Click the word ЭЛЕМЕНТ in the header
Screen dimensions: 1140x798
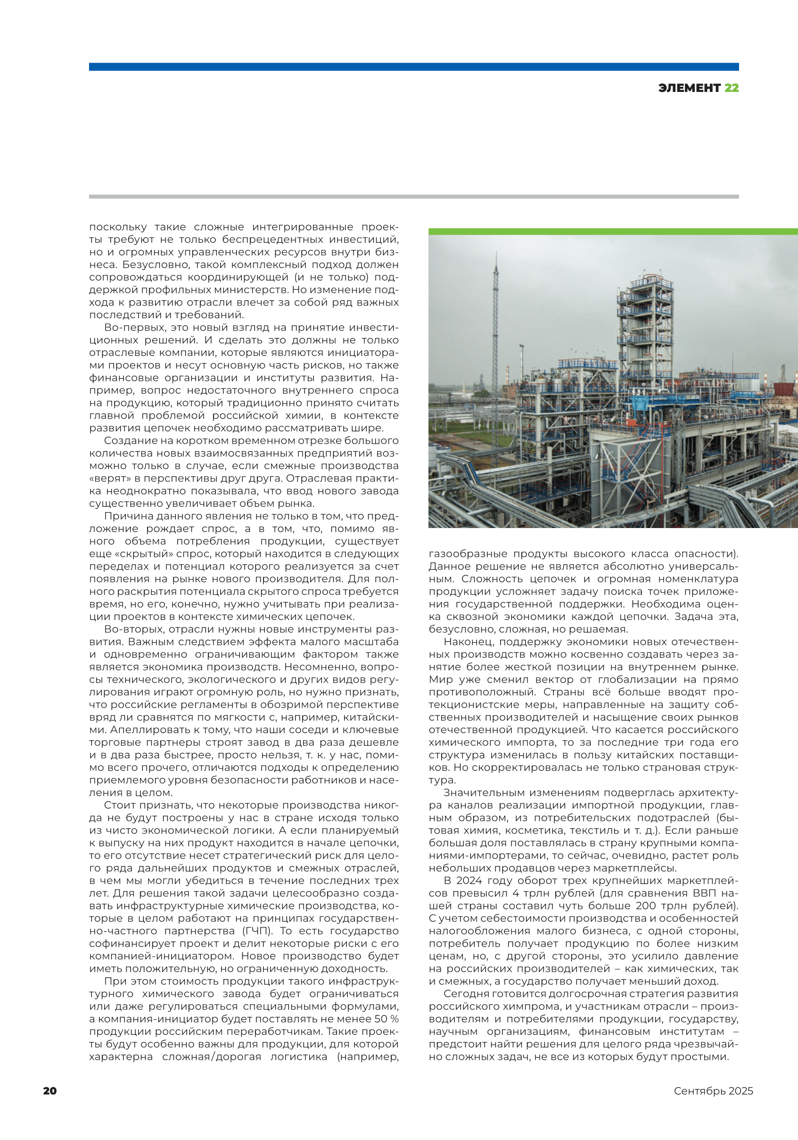click(689, 88)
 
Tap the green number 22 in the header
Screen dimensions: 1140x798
click(731, 88)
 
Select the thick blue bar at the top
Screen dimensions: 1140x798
click(413, 66)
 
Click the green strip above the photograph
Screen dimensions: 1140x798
click(613, 231)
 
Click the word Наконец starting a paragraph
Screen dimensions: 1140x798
click(468, 642)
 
